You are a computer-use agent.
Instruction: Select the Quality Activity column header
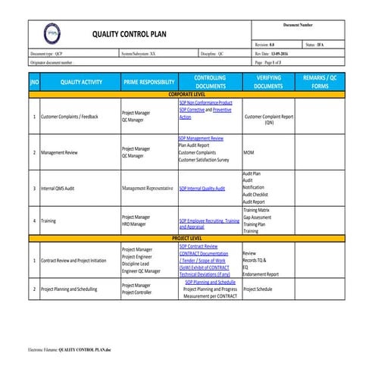80,83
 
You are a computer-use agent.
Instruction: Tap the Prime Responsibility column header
148,83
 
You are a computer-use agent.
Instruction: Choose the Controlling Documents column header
210,83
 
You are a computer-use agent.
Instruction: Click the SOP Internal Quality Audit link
202,188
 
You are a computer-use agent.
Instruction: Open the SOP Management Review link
201,139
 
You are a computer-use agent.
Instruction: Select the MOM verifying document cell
248,152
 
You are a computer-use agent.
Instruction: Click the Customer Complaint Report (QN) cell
269,120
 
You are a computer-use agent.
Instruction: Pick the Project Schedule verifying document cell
258,289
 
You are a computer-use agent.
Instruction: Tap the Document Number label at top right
298,25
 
